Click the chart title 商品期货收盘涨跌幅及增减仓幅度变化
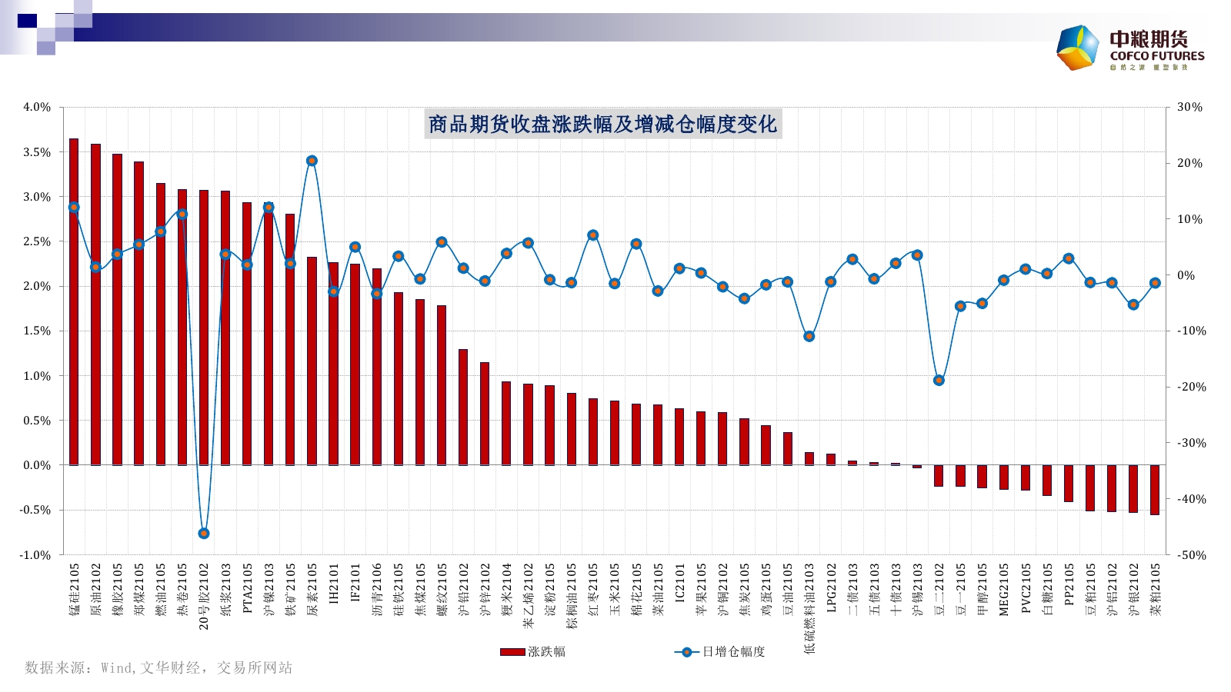pyautogui.click(x=602, y=124)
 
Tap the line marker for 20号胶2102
pyautogui.click(x=204, y=533)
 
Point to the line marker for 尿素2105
pyautogui.click(x=312, y=161)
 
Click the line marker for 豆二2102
pyautogui.click(x=939, y=381)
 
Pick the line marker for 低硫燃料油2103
pyautogui.click(x=809, y=336)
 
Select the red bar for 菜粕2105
pyautogui.click(x=1155, y=490)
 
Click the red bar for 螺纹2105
pyautogui.click(x=442, y=384)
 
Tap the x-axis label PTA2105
pyautogui.click(x=248, y=587)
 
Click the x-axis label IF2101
pyautogui.click(x=355, y=582)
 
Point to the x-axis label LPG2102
pyautogui.click(x=831, y=587)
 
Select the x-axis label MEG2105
pyautogui.click(x=1004, y=589)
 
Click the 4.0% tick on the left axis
pyautogui.click(x=37, y=107)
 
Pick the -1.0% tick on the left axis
pyautogui.click(x=35, y=555)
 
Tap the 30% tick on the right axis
pyautogui.click(x=1189, y=107)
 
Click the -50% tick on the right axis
pyautogui.click(x=1191, y=555)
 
